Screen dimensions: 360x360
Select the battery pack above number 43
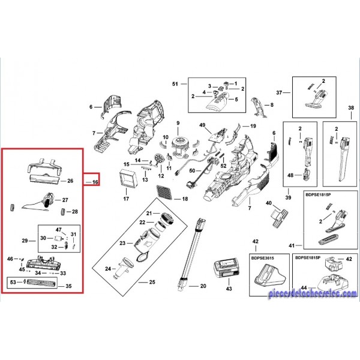click(x=226, y=268)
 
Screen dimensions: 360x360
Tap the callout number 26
click(x=70, y=181)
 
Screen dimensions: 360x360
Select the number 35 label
click(x=70, y=287)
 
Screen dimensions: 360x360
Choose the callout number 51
click(x=175, y=83)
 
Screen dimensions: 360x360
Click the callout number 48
click(x=291, y=176)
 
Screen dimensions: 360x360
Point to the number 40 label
click(x=269, y=203)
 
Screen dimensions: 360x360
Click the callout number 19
click(x=253, y=126)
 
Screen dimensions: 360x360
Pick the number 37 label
click(x=279, y=92)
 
